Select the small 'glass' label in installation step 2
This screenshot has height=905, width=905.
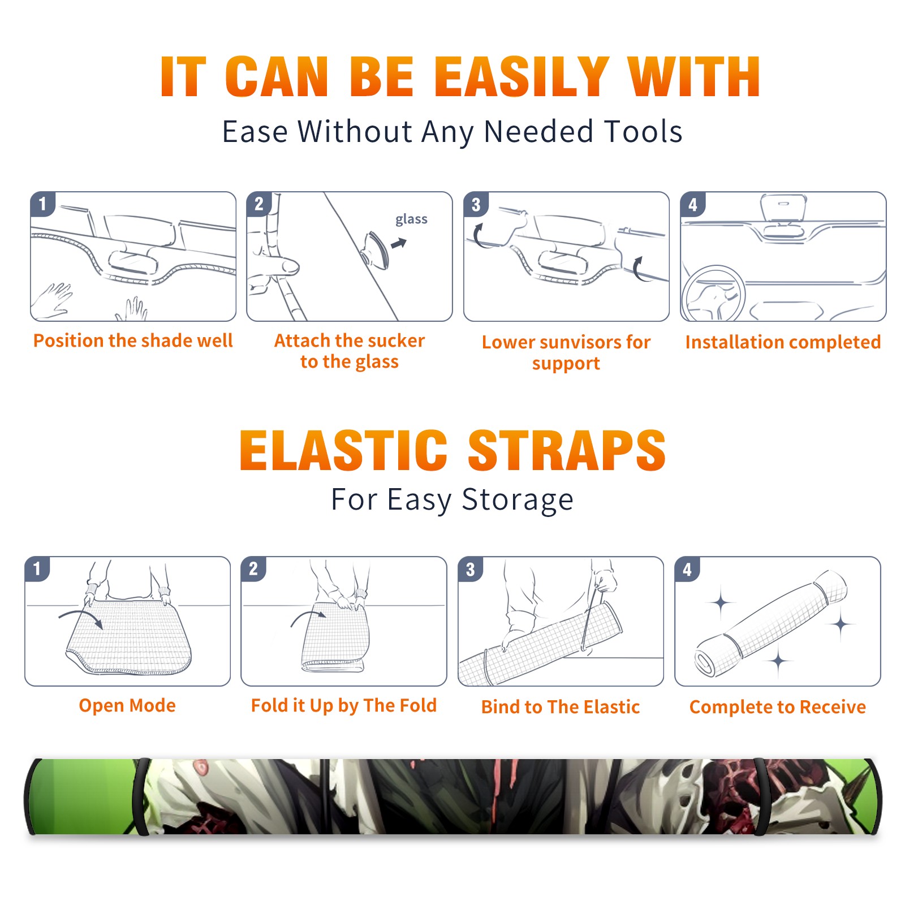(x=411, y=219)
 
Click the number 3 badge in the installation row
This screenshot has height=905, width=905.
(x=476, y=205)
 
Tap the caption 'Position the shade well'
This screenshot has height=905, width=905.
(x=133, y=341)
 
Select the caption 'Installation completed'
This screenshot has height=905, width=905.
(x=783, y=342)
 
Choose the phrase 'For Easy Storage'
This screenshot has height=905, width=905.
(x=453, y=500)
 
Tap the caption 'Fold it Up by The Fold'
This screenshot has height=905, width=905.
(x=344, y=706)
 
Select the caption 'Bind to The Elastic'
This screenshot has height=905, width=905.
(x=561, y=707)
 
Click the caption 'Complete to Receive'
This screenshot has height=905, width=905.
(x=778, y=707)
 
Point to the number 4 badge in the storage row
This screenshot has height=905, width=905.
(x=687, y=569)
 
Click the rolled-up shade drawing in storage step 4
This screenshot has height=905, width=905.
(x=770, y=623)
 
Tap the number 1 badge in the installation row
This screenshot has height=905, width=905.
(x=42, y=204)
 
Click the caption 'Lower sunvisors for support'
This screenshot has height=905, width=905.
(x=566, y=352)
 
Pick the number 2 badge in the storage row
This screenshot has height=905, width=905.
(x=253, y=568)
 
